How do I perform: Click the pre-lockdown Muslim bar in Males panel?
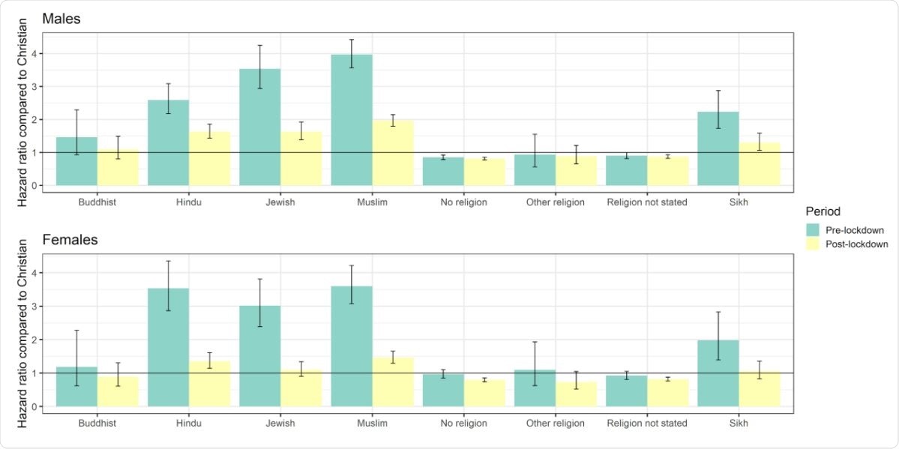pyautogui.click(x=352, y=120)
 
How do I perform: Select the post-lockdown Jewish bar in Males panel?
pyautogui.click(x=301, y=159)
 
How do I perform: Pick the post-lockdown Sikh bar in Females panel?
pyautogui.click(x=760, y=389)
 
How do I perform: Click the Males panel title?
pyautogui.click(x=61, y=19)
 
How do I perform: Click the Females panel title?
pyautogui.click(x=69, y=241)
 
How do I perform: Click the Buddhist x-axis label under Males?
pyautogui.click(x=97, y=202)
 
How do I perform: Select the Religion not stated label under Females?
pyautogui.click(x=646, y=424)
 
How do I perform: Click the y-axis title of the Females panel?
pyautogui.click(x=22, y=334)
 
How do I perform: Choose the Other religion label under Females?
pyautogui.click(x=555, y=424)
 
